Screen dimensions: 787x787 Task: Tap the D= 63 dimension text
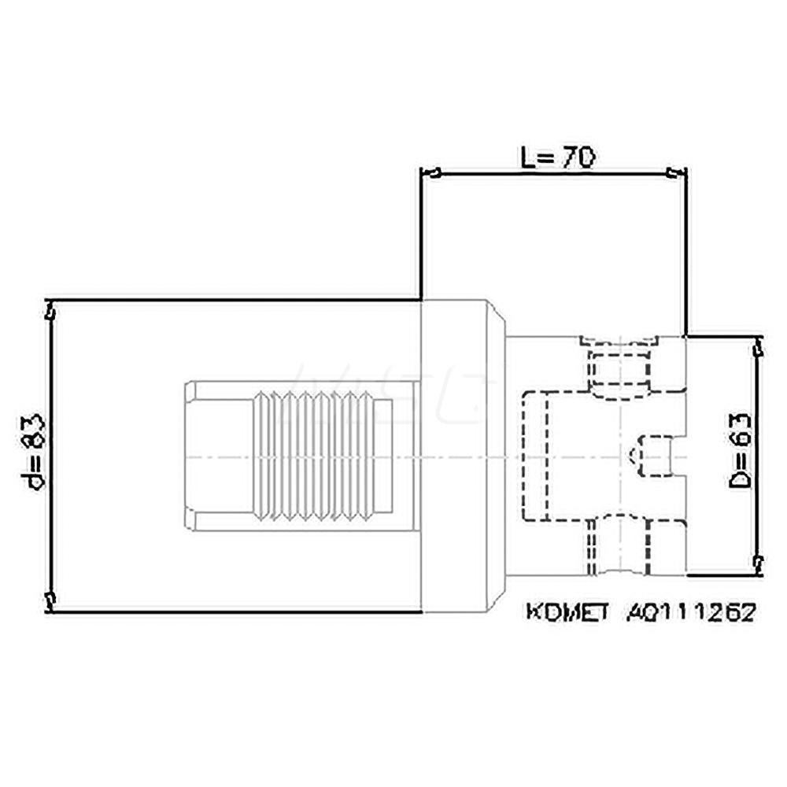(x=741, y=453)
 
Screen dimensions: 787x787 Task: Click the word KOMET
(x=567, y=612)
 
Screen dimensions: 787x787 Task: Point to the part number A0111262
(x=691, y=612)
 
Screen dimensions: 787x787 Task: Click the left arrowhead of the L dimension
(x=430, y=172)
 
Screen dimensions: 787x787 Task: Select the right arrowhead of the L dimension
(x=678, y=172)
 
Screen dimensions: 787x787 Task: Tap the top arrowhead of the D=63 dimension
(x=759, y=344)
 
